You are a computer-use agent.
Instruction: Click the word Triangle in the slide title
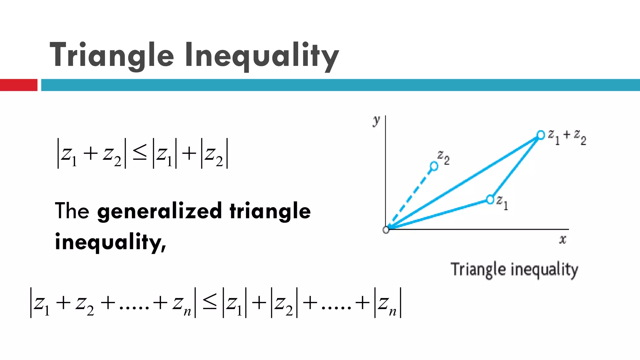tap(112, 55)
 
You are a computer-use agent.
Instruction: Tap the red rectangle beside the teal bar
tap(18, 85)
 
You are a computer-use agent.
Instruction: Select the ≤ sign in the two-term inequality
tap(139, 153)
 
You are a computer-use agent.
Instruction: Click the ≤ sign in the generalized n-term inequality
tap(209, 302)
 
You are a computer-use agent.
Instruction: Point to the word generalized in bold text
tap(159, 211)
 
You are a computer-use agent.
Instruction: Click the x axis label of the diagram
tap(562, 240)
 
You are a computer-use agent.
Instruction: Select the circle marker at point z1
tap(490, 199)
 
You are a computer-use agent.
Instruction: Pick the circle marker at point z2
tap(434, 166)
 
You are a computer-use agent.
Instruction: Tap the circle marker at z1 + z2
tap(541, 135)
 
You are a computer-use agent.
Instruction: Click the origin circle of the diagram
tap(386, 230)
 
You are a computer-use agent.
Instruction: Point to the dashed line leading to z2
tap(411, 197)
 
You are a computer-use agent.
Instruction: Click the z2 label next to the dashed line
tap(443, 157)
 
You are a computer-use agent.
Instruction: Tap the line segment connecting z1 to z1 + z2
tap(516, 167)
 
